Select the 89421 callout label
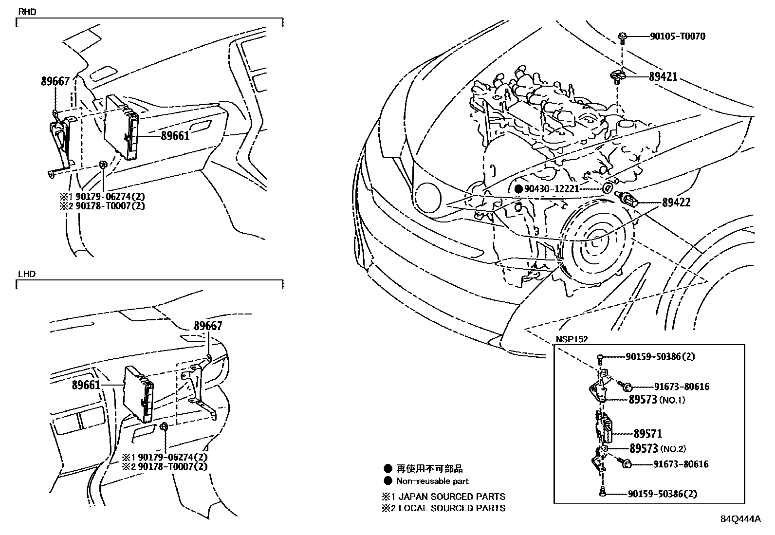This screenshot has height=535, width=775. point(663,76)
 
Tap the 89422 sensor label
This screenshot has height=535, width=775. point(676,203)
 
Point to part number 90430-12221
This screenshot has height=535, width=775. point(552,189)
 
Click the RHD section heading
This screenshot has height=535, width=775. point(27,12)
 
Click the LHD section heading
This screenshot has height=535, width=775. point(26,274)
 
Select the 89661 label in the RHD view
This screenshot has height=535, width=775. point(175,136)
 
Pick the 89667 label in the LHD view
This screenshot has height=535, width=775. point(208,326)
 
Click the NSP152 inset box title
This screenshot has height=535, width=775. point(572,339)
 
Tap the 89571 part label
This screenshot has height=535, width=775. point(647,433)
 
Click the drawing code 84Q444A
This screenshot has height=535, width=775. point(740,518)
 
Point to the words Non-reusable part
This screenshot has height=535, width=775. point(432,481)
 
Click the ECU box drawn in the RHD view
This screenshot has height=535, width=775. point(122,127)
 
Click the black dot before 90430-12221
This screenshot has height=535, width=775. point(519,189)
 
